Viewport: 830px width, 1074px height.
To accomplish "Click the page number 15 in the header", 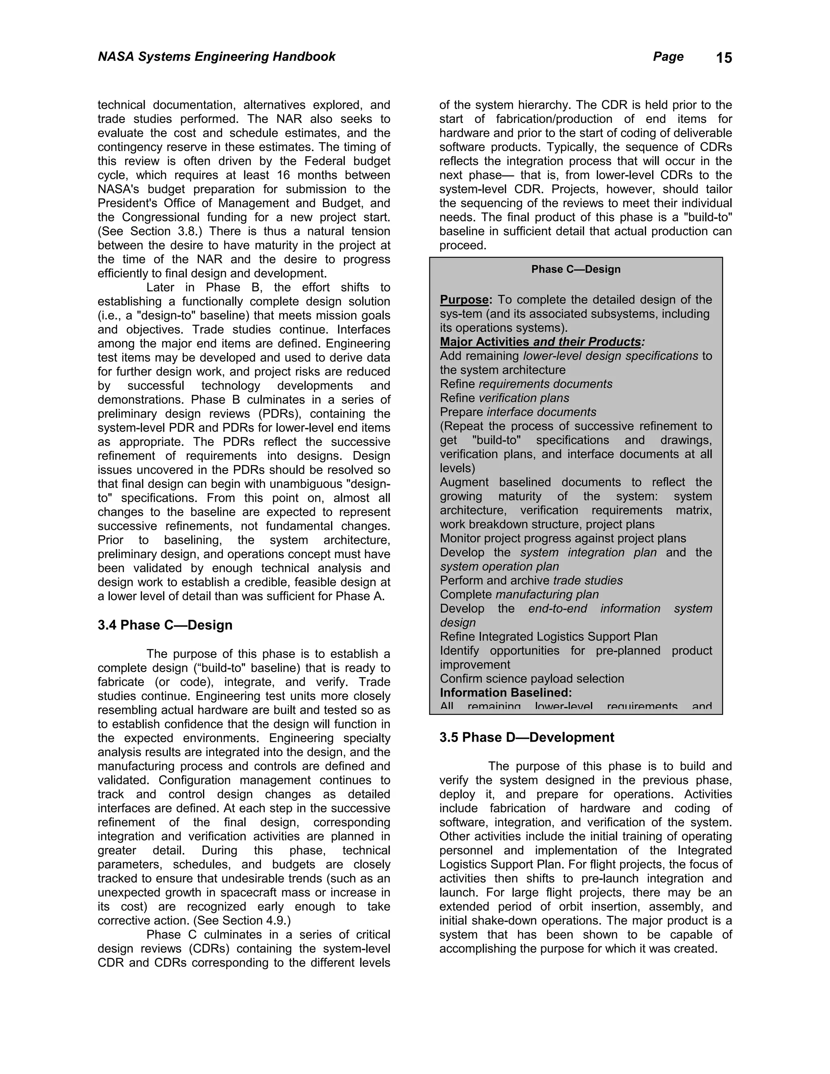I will coord(724,58).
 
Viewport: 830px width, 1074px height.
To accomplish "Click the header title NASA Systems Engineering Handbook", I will coord(216,57).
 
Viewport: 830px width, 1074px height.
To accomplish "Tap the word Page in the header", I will coord(668,57).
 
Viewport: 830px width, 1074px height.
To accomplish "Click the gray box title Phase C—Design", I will coord(576,269).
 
